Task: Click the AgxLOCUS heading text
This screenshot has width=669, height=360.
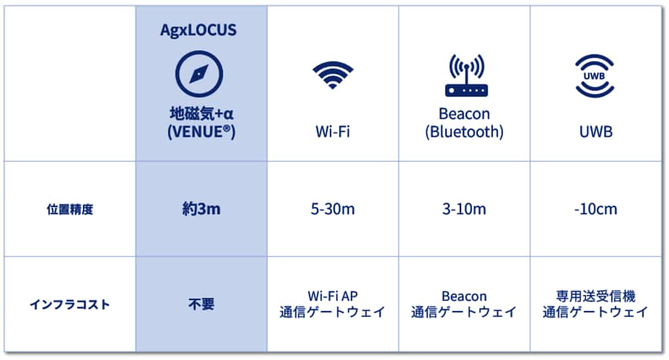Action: (198, 30)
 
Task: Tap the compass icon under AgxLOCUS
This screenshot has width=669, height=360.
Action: (199, 74)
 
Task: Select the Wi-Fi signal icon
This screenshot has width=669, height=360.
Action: (333, 75)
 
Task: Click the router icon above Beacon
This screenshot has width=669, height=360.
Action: (466, 75)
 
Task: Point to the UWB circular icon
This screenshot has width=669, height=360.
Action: (594, 76)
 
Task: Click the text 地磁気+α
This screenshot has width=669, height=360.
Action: (201, 113)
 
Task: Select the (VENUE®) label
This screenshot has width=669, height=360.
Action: (201, 132)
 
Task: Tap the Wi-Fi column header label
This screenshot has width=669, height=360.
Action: (333, 131)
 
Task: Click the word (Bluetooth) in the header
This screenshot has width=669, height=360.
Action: (464, 132)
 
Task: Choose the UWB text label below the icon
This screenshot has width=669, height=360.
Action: (596, 132)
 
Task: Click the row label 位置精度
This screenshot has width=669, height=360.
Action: (70, 210)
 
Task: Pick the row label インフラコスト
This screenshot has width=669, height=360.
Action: (70, 305)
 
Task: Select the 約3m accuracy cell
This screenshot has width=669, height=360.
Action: (201, 209)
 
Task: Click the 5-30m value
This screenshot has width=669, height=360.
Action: (333, 209)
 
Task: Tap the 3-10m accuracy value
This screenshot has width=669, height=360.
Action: (464, 209)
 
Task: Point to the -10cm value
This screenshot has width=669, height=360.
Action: (596, 209)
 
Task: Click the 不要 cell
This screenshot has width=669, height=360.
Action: (201, 305)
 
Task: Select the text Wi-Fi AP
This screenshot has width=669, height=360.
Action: (333, 296)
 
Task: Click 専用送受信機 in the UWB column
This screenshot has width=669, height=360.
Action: (596, 296)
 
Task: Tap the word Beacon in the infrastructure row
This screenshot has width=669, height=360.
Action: (464, 296)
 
